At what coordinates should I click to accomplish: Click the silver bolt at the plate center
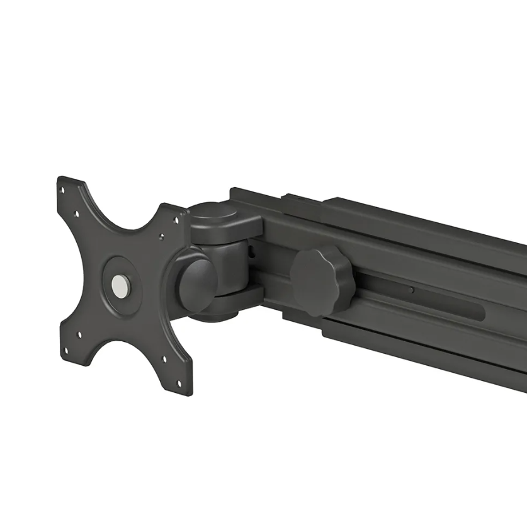pos(118,285)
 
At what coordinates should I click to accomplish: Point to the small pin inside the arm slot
pos(411,290)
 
